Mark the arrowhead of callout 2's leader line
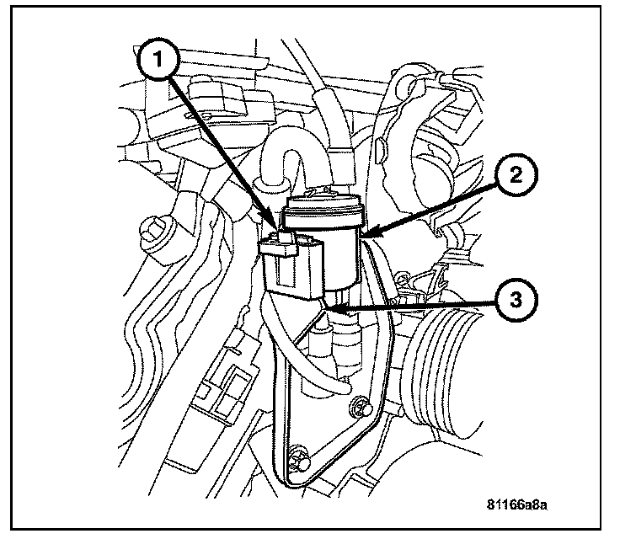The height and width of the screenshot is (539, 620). pos(364,234)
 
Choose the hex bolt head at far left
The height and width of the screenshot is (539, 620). pos(156,229)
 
